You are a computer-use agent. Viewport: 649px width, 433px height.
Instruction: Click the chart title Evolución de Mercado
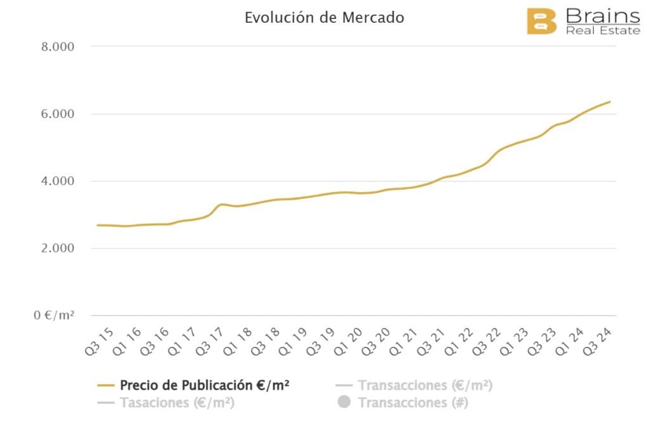pyautogui.click(x=324, y=18)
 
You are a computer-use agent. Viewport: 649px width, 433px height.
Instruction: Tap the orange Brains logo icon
pyautogui.click(x=541, y=22)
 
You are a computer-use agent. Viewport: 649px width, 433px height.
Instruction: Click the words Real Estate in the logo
pyautogui.click(x=602, y=30)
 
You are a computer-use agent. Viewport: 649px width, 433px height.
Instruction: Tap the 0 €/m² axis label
pyautogui.click(x=55, y=315)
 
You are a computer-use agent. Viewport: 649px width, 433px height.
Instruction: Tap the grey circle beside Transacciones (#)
pyautogui.click(x=344, y=402)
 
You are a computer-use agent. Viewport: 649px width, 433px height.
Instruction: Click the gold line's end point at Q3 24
pyautogui.click(x=610, y=101)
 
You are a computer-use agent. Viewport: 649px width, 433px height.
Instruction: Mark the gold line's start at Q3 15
pyautogui.click(x=98, y=225)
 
